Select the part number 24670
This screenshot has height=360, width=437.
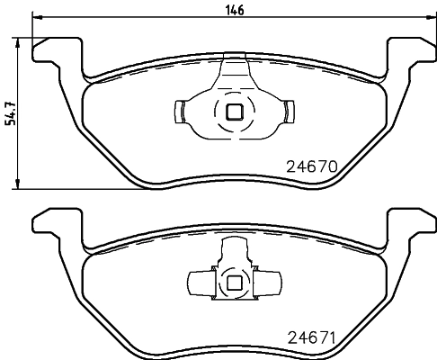coord(310,166)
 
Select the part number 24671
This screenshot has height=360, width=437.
coord(310,340)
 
